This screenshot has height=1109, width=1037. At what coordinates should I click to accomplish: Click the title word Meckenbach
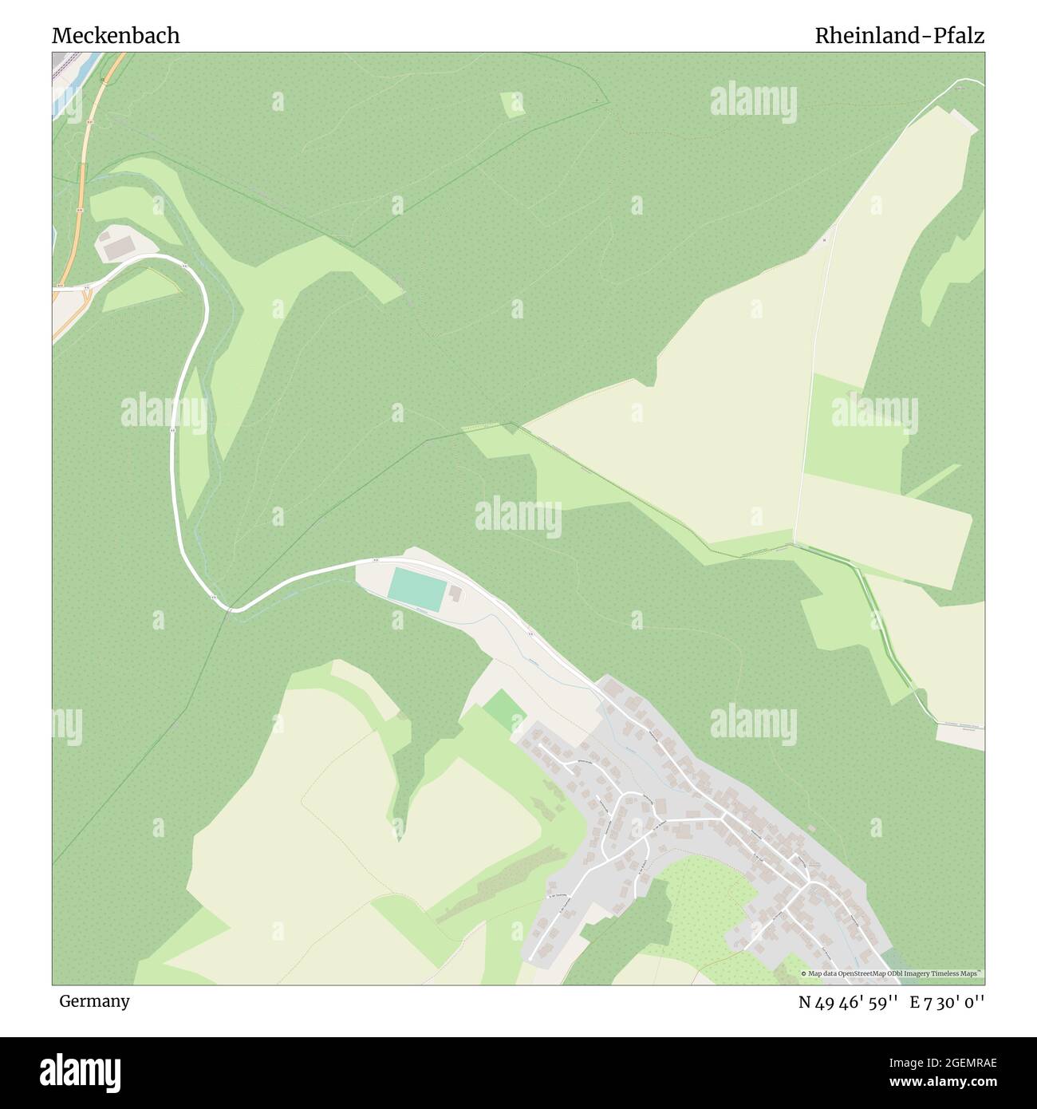[x=116, y=36]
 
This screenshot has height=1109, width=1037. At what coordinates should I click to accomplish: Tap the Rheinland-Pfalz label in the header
[x=899, y=36]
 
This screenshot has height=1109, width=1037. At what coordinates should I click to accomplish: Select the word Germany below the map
[x=94, y=1001]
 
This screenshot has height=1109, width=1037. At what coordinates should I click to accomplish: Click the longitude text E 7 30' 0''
[x=949, y=1002]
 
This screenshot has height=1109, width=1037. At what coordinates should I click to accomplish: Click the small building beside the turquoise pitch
[x=455, y=594]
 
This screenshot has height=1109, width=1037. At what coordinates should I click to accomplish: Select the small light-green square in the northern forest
[x=512, y=105]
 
